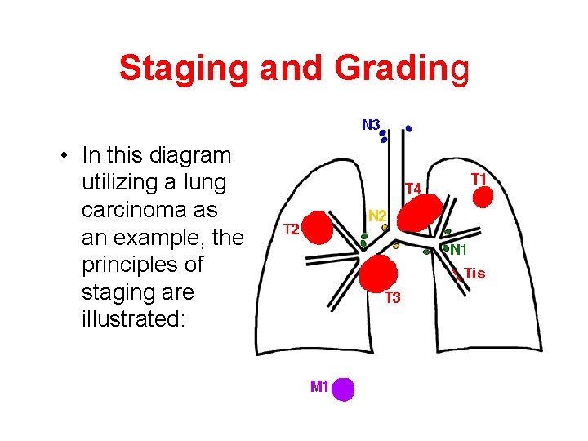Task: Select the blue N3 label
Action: tap(371, 125)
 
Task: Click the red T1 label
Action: tap(479, 178)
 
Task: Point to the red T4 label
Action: tap(413, 189)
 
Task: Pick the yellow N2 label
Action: tap(377, 216)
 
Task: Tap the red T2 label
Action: tap(291, 228)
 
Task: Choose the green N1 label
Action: tap(458, 250)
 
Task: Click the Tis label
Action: tap(474, 274)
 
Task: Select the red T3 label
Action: tap(393, 297)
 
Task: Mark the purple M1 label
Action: tap(319, 386)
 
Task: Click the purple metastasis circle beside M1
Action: tap(344, 389)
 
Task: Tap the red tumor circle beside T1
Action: tap(483, 198)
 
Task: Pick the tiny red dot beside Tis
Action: tap(457, 275)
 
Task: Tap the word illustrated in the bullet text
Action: tap(134, 318)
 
